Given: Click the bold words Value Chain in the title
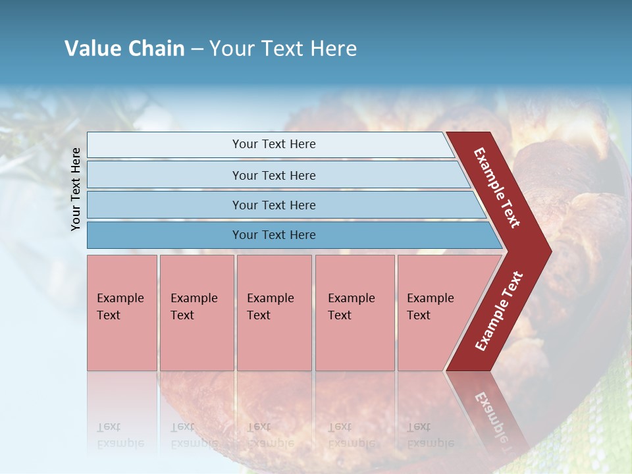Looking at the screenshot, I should [124, 49].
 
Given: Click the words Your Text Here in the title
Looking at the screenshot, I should [283, 49].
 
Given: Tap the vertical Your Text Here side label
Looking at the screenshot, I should [76, 189].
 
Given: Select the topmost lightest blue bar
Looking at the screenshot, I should [165, 145].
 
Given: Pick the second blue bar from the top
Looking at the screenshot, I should [165, 175].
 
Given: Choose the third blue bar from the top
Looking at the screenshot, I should [165, 205].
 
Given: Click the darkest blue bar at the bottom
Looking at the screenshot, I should [165, 235].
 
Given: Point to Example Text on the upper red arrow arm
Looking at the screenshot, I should [497, 188].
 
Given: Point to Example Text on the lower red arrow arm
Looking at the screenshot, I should [499, 311].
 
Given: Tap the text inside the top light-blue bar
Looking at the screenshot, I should [274, 144].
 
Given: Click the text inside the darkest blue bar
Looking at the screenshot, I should [274, 235].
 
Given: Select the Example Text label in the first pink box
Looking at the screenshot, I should [120, 307].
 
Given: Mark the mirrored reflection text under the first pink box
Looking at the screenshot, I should [120, 435].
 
